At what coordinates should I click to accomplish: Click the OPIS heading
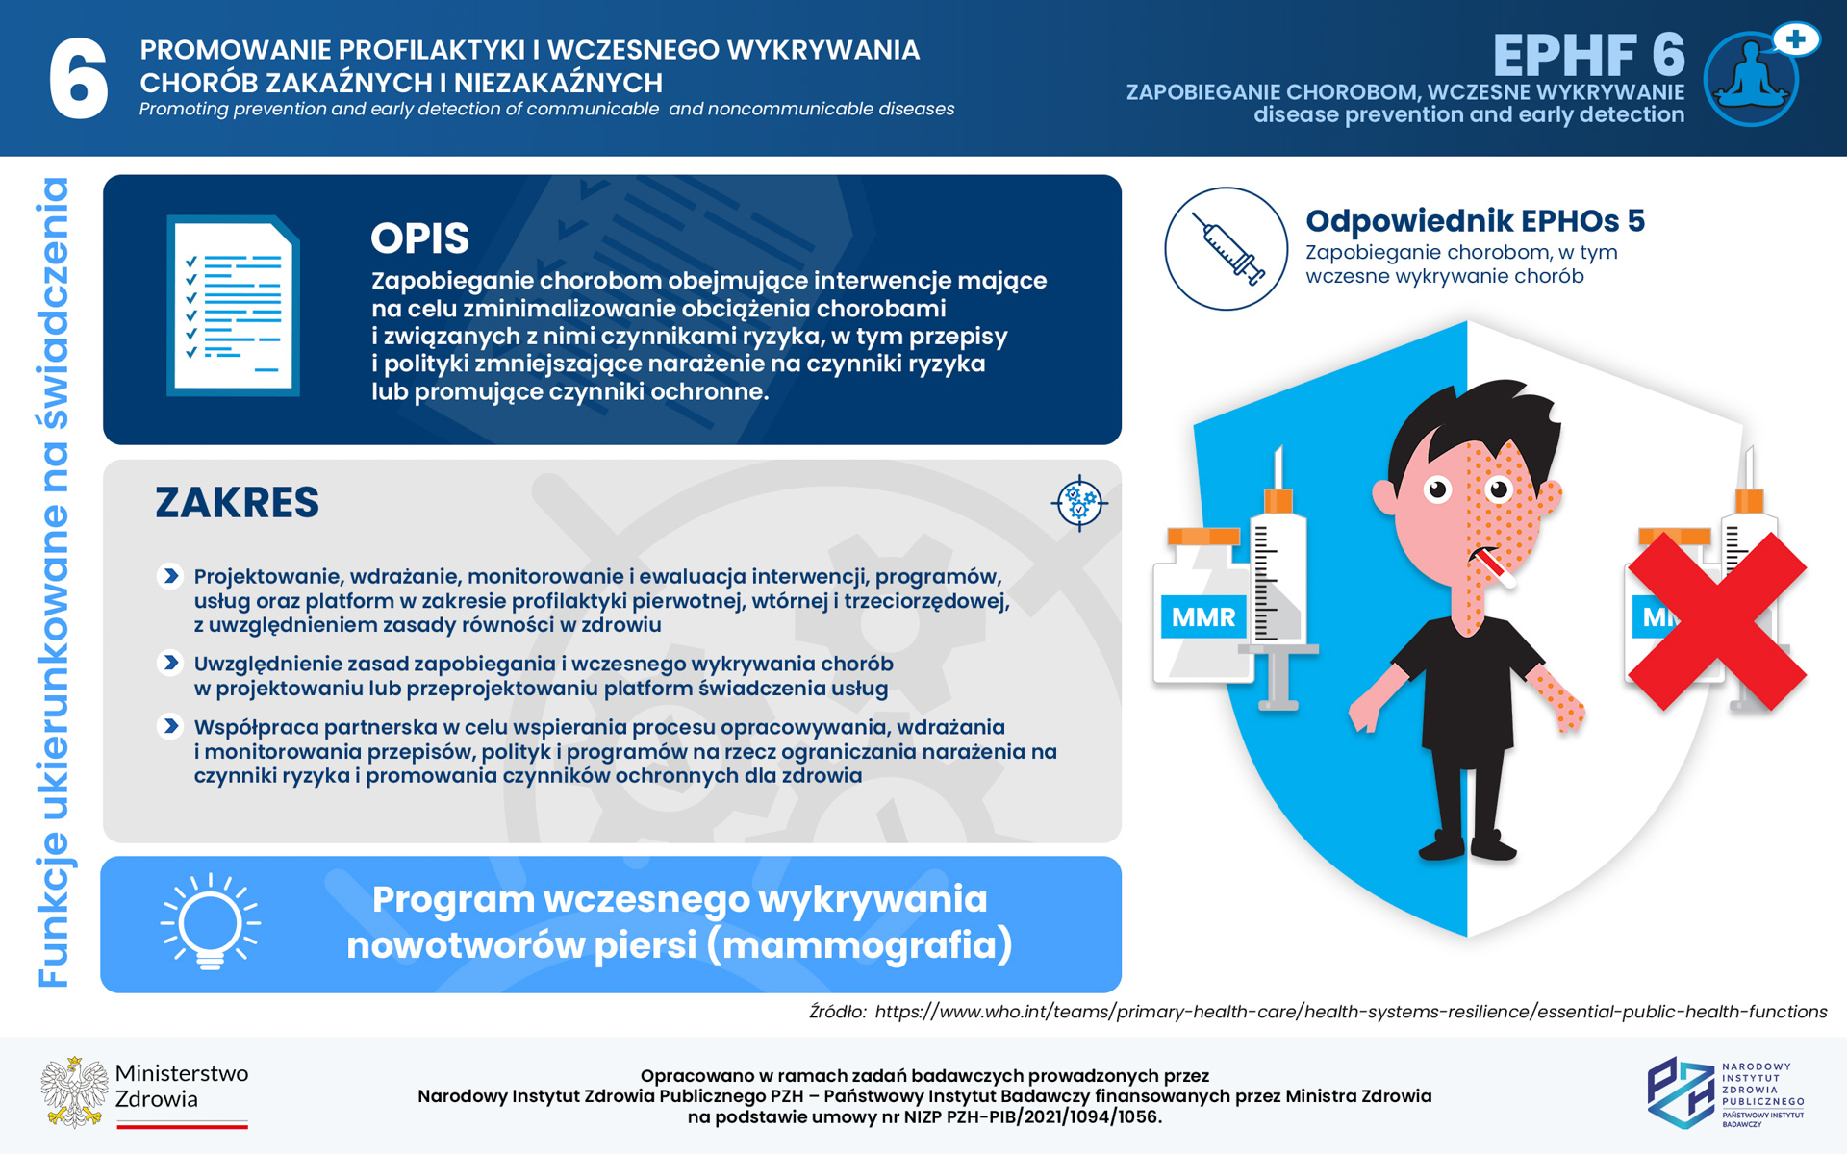click(419, 238)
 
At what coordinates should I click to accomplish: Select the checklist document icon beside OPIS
click(234, 306)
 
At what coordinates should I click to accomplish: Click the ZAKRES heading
click(237, 502)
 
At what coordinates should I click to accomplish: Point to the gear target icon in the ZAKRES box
click(1078, 502)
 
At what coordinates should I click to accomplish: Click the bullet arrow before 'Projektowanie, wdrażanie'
click(170, 576)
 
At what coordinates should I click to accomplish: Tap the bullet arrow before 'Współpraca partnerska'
click(170, 726)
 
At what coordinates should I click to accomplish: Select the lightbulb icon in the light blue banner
click(211, 922)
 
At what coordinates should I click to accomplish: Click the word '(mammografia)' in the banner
click(859, 945)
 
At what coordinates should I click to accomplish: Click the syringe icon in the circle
click(1227, 249)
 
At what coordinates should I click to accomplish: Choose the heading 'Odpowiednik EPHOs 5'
click(1475, 221)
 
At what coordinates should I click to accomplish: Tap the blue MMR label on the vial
click(1203, 616)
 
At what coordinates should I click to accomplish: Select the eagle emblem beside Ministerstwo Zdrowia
click(74, 1092)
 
